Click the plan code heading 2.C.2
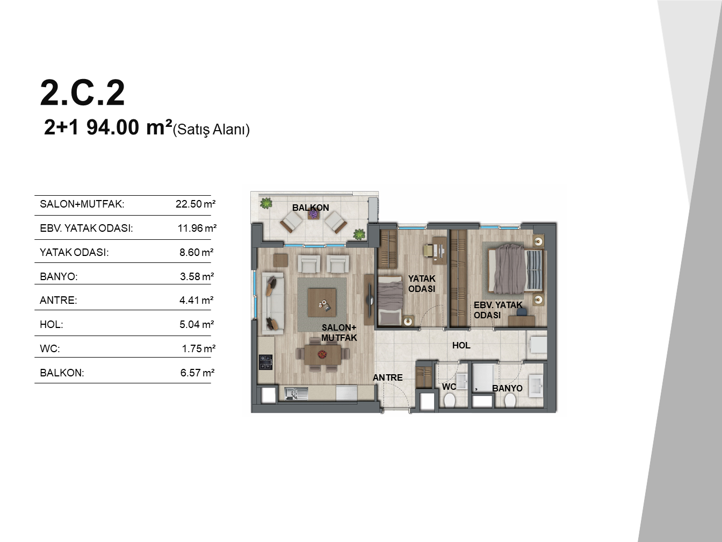pyautogui.click(x=82, y=93)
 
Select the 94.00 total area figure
pyautogui.click(x=113, y=127)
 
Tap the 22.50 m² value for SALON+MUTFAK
pyautogui.click(x=196, y=204)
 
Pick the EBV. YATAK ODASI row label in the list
pyautogui.click(x=86, y=228)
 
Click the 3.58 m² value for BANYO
pyautogui.click(x=197, y=276)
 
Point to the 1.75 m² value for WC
pyautogui.click(x=199, y=348)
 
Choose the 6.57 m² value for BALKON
pyautogui.click(x=197, y=373)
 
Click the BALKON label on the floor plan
pyautogui.click(x=311, y=208)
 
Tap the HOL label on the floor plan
pyautogui.click(x=461, y=345)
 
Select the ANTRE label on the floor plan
pyautogui.click(x=387, y=377)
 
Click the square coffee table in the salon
pyautogui.click(x=322, y=302)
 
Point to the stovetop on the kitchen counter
pyautogui.click(x=265, y=362)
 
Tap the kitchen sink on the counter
pyautogui.click(x=296, y=394)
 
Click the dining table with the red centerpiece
pyautogui.click(x=322, y=355)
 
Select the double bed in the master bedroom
pyautogui.click(x=515, y=269)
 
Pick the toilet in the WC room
pyautogui.click(x=449, y=401)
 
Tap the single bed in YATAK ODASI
pyautogui.click(x=391, y=301)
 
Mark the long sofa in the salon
pyautogui.click(x=273, y=303)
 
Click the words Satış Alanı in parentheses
pyautogui.click(x=211, y=130)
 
